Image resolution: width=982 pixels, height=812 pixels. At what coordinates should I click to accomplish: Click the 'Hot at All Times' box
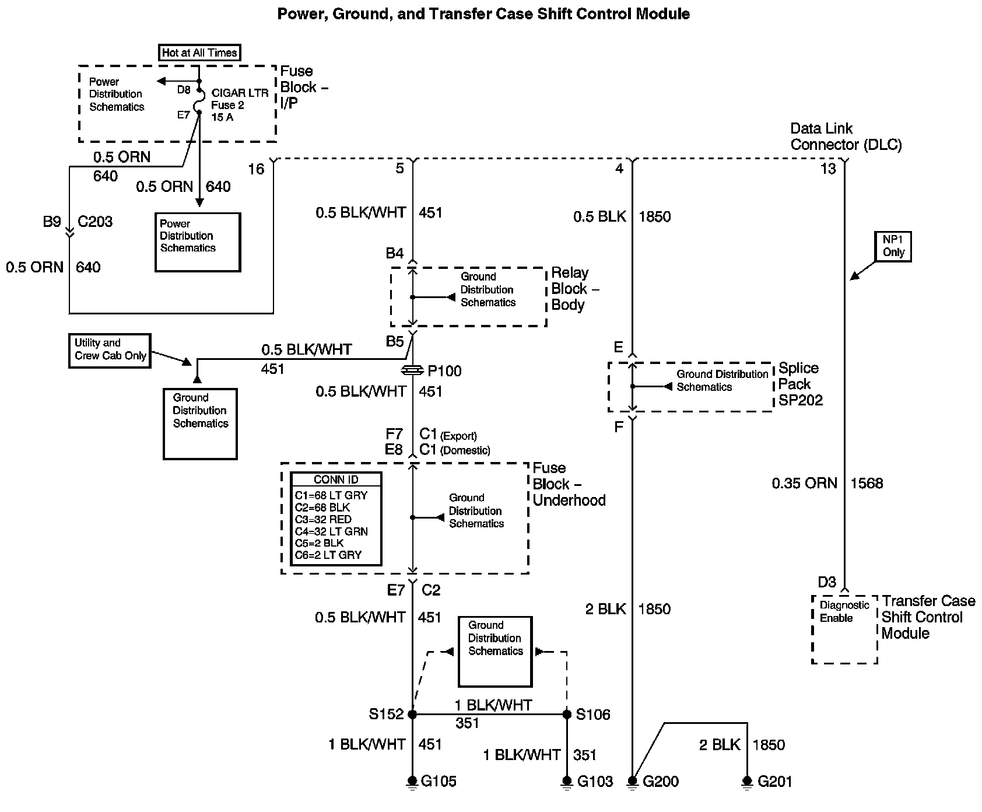(199, 52)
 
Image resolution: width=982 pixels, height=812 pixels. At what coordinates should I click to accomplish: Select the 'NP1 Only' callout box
(893, 247)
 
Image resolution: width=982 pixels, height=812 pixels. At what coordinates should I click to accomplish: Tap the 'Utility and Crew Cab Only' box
(110, 350)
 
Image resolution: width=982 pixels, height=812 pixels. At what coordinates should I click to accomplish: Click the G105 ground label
(439, 781)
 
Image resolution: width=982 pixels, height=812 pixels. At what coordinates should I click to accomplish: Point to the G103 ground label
(595, 781)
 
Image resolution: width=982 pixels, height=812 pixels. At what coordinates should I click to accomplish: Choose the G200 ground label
(661, 781)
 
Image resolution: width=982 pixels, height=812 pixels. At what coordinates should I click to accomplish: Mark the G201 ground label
(775, 781)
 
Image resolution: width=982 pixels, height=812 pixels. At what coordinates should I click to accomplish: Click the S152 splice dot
(412, 714)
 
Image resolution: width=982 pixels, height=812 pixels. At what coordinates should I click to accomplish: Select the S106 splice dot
(566, 714)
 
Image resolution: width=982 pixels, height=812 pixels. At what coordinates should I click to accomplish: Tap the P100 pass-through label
(444, 371)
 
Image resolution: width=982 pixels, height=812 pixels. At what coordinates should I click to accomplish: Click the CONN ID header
(336, 480)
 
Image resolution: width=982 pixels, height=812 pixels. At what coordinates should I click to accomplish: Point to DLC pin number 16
(256, 169)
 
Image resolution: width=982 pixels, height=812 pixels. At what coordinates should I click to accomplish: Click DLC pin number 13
(828, 169)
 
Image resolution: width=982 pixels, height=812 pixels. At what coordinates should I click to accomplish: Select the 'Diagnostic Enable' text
(844, 611)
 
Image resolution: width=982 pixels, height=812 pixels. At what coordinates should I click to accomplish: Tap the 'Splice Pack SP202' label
(800, 384)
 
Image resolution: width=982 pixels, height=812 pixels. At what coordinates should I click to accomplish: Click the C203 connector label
(95, 222)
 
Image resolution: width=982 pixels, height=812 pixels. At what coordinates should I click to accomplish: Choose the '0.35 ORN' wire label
(804, 483)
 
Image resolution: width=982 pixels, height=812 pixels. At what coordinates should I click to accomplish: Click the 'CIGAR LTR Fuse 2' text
(240, 99)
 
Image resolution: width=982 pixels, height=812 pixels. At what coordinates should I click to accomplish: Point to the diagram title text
(483, 13)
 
